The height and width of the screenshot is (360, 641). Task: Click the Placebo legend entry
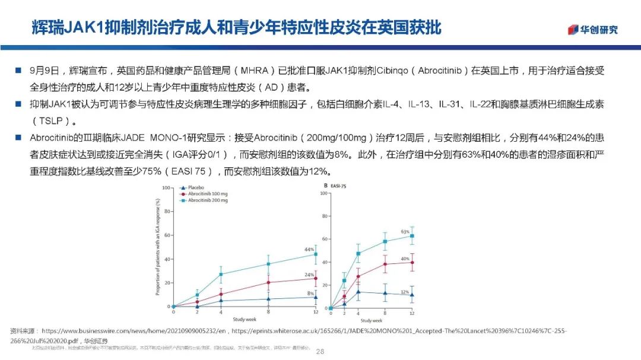pyautogui.click(x=196, y=188)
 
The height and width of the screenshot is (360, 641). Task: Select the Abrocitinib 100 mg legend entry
pyautogui.click(x=204, y=194)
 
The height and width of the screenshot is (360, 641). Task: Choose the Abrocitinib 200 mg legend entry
pyautogui.click(x=204, y=200)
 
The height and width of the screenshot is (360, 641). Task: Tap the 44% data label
pyautogui.click(x=309, y=250)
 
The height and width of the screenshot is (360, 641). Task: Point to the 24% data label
pyautogui.click(x=309, y=275)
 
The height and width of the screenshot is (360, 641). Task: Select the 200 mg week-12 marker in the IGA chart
pyautogui.click(x=316, y=254)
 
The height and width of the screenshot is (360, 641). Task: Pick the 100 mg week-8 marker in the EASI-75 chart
pyautogui.click(x=385, y=264)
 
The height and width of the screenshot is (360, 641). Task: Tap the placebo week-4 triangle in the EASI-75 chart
pyautogui.click(x=358, y=291)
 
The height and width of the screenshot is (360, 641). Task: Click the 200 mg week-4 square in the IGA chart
pyautogui.click(x=221, y=274)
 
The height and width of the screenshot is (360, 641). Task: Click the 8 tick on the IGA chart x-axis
pyautogui.click(x=268, y=311)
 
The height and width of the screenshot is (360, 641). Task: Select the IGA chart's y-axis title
pyautogui.click(x=157, y=246)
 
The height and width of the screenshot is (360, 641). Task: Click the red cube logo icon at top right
pyautogui.click(x=573, y=29)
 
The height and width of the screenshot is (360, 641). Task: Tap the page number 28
pyautogui.click(x=320, y=352)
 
